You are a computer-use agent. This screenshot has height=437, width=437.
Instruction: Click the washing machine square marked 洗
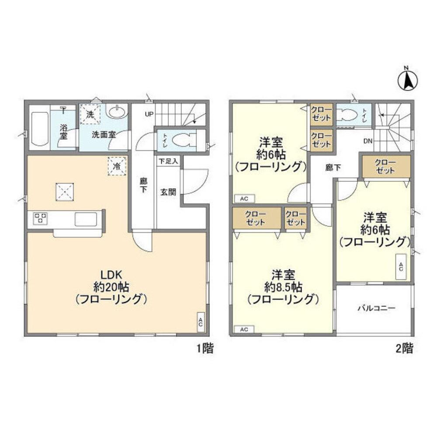pos(90,114)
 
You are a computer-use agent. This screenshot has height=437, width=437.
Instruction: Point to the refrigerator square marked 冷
pos(117,166)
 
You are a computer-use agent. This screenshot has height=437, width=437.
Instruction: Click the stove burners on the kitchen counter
pos(40,218)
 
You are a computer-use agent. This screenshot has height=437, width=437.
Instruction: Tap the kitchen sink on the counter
pos(86,219)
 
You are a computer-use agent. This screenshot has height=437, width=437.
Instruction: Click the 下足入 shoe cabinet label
pos(168,161)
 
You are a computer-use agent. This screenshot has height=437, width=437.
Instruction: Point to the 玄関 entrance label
pos(168,192)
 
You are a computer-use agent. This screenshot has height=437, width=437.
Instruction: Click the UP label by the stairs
pos(149,114)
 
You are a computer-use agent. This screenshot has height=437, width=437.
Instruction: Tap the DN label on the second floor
pos(368,141)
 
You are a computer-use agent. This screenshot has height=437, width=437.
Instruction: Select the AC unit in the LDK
pos(201,322)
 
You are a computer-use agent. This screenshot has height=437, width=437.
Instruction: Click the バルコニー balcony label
pos(377,308)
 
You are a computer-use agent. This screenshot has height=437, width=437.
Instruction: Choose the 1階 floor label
pos(205,348)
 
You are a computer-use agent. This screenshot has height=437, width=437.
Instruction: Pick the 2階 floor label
pos(404,348)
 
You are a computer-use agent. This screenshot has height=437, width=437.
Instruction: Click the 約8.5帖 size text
pos(283,287)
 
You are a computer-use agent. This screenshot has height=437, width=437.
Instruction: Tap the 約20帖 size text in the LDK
pos(111,287)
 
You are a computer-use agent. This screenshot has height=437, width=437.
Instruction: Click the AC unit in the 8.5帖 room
pos(244,329)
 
